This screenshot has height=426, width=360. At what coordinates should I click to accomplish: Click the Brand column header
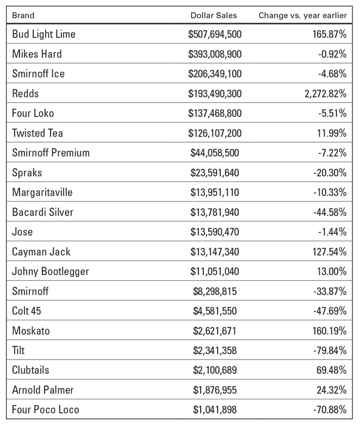23,15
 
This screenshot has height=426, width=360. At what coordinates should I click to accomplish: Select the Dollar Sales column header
214,15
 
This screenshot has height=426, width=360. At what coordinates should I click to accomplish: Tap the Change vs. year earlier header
303,15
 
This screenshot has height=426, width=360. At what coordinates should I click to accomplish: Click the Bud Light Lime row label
44,34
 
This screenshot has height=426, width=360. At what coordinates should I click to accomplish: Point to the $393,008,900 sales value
215,54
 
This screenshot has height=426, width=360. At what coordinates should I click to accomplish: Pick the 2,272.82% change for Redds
326,94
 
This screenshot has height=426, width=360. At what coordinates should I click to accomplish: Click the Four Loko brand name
33,113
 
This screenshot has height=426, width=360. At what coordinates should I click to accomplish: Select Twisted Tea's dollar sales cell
215,133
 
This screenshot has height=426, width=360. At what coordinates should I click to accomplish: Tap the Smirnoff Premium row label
51,153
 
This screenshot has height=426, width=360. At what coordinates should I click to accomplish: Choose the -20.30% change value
330,173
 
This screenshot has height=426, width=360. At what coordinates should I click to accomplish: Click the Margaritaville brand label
42,193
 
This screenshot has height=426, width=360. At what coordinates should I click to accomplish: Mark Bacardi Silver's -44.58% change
330,212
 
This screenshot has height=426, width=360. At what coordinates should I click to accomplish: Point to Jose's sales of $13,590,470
215,232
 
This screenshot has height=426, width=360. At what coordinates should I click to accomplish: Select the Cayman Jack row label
41,252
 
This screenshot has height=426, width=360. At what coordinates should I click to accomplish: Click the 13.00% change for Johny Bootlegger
332,271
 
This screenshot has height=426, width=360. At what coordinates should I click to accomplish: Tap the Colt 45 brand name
26,311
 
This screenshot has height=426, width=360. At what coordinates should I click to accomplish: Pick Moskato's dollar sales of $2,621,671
215,331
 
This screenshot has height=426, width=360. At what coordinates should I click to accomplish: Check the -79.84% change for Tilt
330,350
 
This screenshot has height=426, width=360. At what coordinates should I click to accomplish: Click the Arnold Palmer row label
43,390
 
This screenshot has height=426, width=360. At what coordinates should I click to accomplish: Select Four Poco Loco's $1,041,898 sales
215,410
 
